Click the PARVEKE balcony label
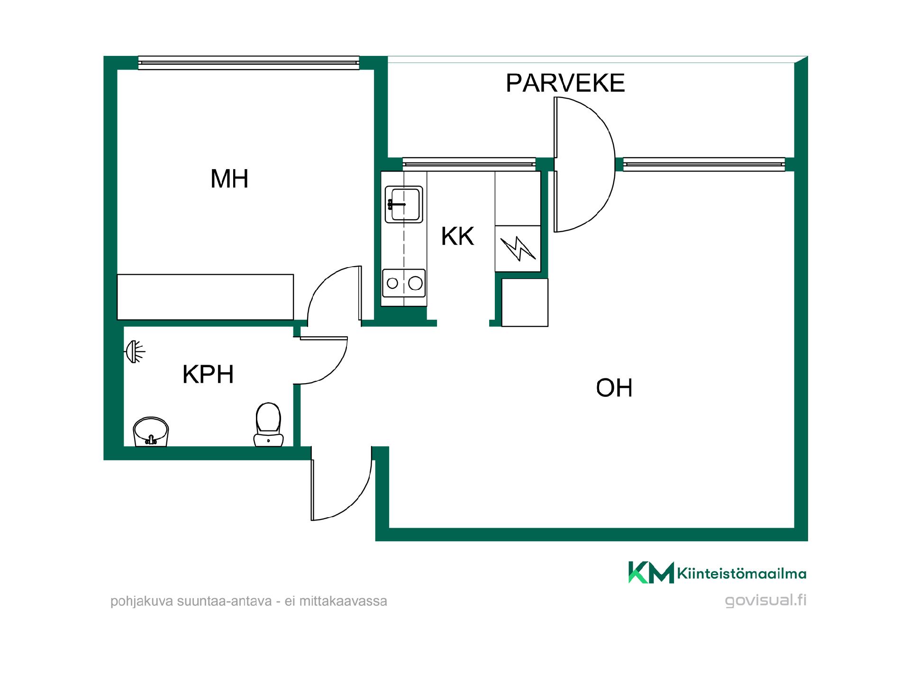point(565,83)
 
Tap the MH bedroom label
point(229,179)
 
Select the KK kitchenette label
point(457,236)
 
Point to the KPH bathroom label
point(208,375)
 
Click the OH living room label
point(614,388)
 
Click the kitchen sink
point(404,204)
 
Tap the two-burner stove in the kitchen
point(404,283)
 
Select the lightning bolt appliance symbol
point(518,249)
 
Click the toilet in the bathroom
point(268,424)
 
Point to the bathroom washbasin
point(151,431)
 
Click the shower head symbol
point(135,351)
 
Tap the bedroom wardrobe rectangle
point(205,297)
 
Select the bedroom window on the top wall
point(249,63)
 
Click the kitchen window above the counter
point(469,164)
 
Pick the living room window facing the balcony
point(704,164)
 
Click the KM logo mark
point(651,573)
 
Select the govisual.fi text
point(765,600)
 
